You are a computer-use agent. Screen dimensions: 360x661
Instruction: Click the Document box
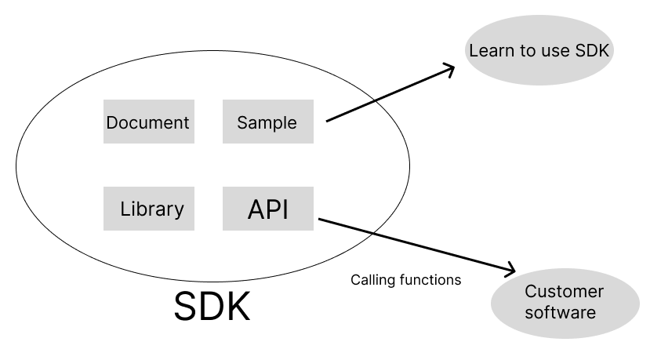148,122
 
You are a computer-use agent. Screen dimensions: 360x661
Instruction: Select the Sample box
267,122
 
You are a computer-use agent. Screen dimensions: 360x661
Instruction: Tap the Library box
148,209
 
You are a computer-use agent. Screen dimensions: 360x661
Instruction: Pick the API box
267,209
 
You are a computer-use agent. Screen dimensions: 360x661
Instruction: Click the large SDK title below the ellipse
212,307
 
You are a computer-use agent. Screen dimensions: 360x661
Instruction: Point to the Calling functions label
405,279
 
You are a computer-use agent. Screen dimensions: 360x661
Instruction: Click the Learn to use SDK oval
539,51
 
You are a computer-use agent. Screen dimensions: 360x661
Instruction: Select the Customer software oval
565,302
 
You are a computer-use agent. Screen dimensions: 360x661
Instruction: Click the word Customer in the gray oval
565,292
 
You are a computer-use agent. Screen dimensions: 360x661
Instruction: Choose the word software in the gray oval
561,312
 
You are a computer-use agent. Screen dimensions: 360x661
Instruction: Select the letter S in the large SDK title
187,307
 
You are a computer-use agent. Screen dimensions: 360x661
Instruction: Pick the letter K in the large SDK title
237,307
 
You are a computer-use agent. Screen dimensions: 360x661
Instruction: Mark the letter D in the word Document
112,122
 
